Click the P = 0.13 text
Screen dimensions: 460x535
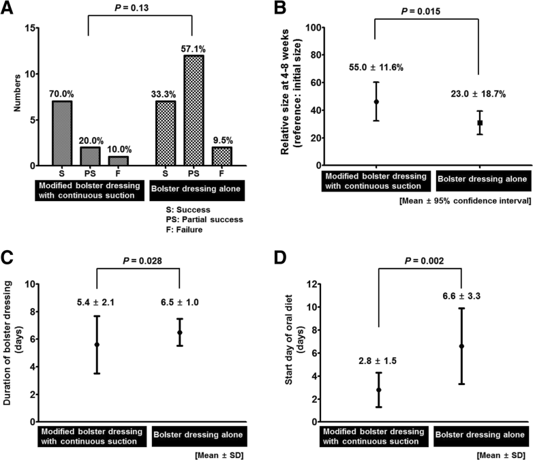140,8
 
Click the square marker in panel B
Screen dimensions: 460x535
480,123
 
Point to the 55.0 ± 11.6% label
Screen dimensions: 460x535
376,68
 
